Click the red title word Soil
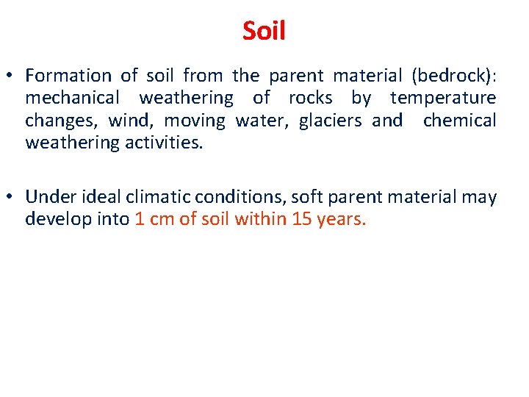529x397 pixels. pos(264,31)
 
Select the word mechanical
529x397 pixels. pos(71,98)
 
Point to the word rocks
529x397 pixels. pos(310,98)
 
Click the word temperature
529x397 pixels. pos(443,98)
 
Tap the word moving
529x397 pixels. pos(194,120)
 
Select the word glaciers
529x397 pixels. pos(330,120)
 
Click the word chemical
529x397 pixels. pos(460,120)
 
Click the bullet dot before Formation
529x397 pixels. pos(12,76)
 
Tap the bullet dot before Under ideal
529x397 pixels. pos(12,197)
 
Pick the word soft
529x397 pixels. pos(308,197)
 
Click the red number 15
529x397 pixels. pos(302,219)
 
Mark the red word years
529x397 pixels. pos(340,219)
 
